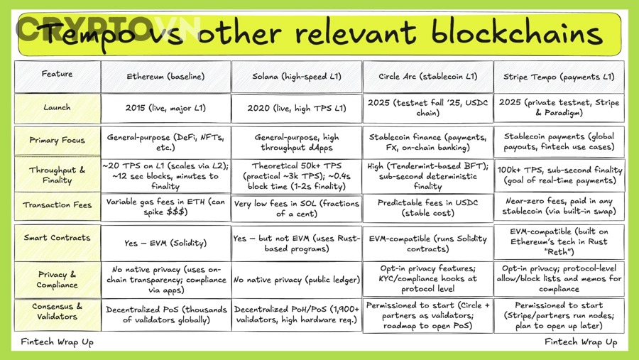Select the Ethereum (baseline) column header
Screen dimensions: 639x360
click(x=165, y=77)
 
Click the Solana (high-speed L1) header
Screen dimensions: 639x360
click(x=296, y=77)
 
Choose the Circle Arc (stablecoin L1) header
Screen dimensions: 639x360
click(x=427, y=77)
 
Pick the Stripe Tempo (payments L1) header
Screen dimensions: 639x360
click(x=559, y=77)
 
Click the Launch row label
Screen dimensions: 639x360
click(x=57, y=108)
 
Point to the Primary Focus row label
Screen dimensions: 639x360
click(x=57, y=141)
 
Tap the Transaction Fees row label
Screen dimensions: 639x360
click(x=57, y=205)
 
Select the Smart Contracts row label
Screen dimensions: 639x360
click(x=57, y=238)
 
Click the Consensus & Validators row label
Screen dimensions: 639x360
click(x=57, y=312)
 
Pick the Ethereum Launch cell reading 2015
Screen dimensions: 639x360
click(x=165, y=108)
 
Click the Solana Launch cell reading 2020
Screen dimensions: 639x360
click(x=296, y=108)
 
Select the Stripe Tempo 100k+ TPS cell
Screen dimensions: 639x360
click(x=559, y=175)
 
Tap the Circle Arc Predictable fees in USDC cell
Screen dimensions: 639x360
click(x=427, y=207)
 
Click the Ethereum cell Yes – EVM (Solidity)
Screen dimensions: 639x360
click(x=165, y=243)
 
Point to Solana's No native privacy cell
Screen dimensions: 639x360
click(x=296, y=280)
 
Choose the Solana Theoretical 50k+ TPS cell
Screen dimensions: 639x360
click(x=296, y=176)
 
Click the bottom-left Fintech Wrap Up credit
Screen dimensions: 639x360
click(x=57, y=342)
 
